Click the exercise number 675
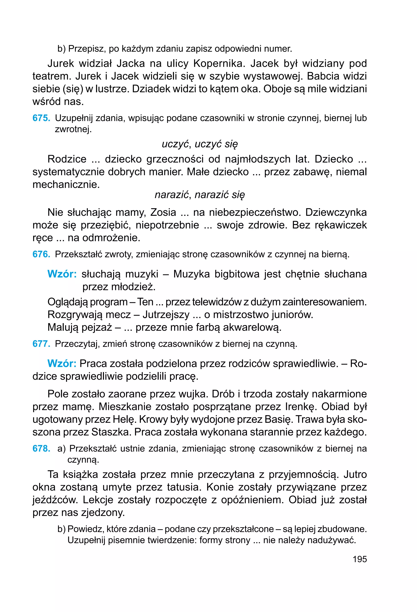tap(41, 118)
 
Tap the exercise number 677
tap(41, 344)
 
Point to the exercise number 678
tap(41, 448)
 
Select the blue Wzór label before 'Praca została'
tap(62, 363)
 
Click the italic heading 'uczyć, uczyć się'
tap(200, 144)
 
